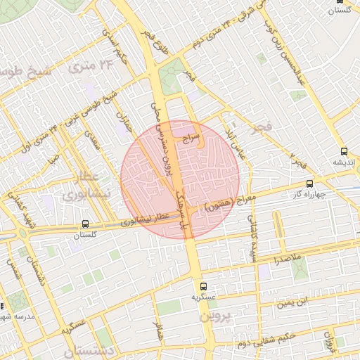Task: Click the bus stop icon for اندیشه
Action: click(x=344, y=151)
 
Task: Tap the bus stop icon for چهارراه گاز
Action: click(x=290, y=184)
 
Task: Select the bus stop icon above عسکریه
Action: click(x=203, y=287)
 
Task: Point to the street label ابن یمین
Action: click(x=292, y=302)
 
